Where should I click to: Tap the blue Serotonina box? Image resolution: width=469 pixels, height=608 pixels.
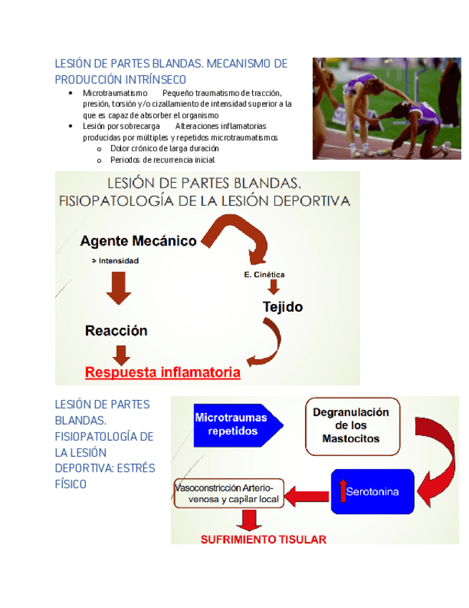pos(372,491)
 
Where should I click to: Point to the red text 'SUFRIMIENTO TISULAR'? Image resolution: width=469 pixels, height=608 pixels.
pos(263,539)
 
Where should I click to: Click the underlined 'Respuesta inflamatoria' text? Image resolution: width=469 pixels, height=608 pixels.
pos(163,373)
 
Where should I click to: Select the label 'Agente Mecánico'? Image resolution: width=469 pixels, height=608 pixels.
pos(138,241)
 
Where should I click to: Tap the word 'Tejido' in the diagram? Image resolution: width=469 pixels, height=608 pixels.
pos(282,307)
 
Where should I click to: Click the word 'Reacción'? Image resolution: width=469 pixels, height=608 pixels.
pos(116,331)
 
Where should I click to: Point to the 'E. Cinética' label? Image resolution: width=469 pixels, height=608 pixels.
pos(264,275)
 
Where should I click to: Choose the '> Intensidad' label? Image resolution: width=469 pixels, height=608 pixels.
pos(115,261)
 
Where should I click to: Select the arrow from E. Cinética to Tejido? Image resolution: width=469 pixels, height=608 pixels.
pos(273,287)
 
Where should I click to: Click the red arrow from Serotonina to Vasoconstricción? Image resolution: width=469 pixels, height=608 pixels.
pos(307,494)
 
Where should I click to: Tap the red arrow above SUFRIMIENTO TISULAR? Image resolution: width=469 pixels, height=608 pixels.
pos(250,519)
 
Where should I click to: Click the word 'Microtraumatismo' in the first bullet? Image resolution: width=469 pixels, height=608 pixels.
pos(115,93)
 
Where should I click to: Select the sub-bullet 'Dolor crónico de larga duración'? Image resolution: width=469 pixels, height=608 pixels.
pos(164,148)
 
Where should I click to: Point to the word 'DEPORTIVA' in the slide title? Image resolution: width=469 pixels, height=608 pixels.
pos(306,201)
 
